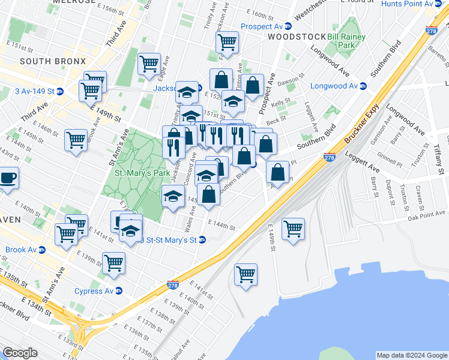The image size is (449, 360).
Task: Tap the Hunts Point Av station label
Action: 412,4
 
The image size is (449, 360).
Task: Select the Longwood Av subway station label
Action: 333,86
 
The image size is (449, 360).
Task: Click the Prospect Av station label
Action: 262,26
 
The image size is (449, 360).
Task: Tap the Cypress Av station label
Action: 94,291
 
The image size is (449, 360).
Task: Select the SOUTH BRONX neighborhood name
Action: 53,61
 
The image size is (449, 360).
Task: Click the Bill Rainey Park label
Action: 346,41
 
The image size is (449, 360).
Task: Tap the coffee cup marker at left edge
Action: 8,178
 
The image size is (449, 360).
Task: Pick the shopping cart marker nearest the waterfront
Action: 246,275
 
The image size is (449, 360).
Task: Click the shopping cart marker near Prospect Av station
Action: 227,42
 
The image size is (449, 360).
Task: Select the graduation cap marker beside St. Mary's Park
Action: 173,196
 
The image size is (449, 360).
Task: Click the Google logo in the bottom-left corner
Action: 20,353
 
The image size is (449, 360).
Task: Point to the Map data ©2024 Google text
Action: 411,355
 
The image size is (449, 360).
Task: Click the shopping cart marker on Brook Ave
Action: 76,140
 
